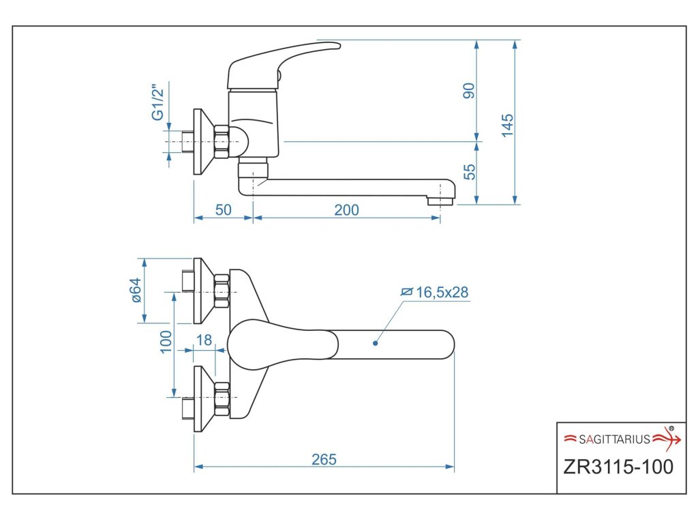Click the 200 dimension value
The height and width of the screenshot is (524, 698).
tap(346, 210)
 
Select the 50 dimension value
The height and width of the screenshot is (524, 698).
tap(224, 210)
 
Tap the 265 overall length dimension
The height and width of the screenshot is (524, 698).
tap(324, 459)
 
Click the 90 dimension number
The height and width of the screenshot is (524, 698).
tap(469, 91)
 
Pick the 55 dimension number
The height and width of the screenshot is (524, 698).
tap(469, 172)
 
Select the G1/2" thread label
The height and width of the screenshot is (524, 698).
tap(158, 102)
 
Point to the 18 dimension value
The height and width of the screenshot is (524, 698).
tap(203, 340)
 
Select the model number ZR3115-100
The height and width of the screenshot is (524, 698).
tap(618, 467)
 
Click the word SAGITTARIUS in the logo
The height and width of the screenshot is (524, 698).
tap(615, 439)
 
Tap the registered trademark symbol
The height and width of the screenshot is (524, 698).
tap(671, 428)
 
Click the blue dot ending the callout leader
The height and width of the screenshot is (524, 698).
tap(376, 343)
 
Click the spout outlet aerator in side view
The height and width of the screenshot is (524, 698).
tap(440, 201)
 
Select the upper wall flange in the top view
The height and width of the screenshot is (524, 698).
tap(198, 291)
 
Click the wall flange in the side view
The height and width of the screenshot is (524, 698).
tap(198, 142)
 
